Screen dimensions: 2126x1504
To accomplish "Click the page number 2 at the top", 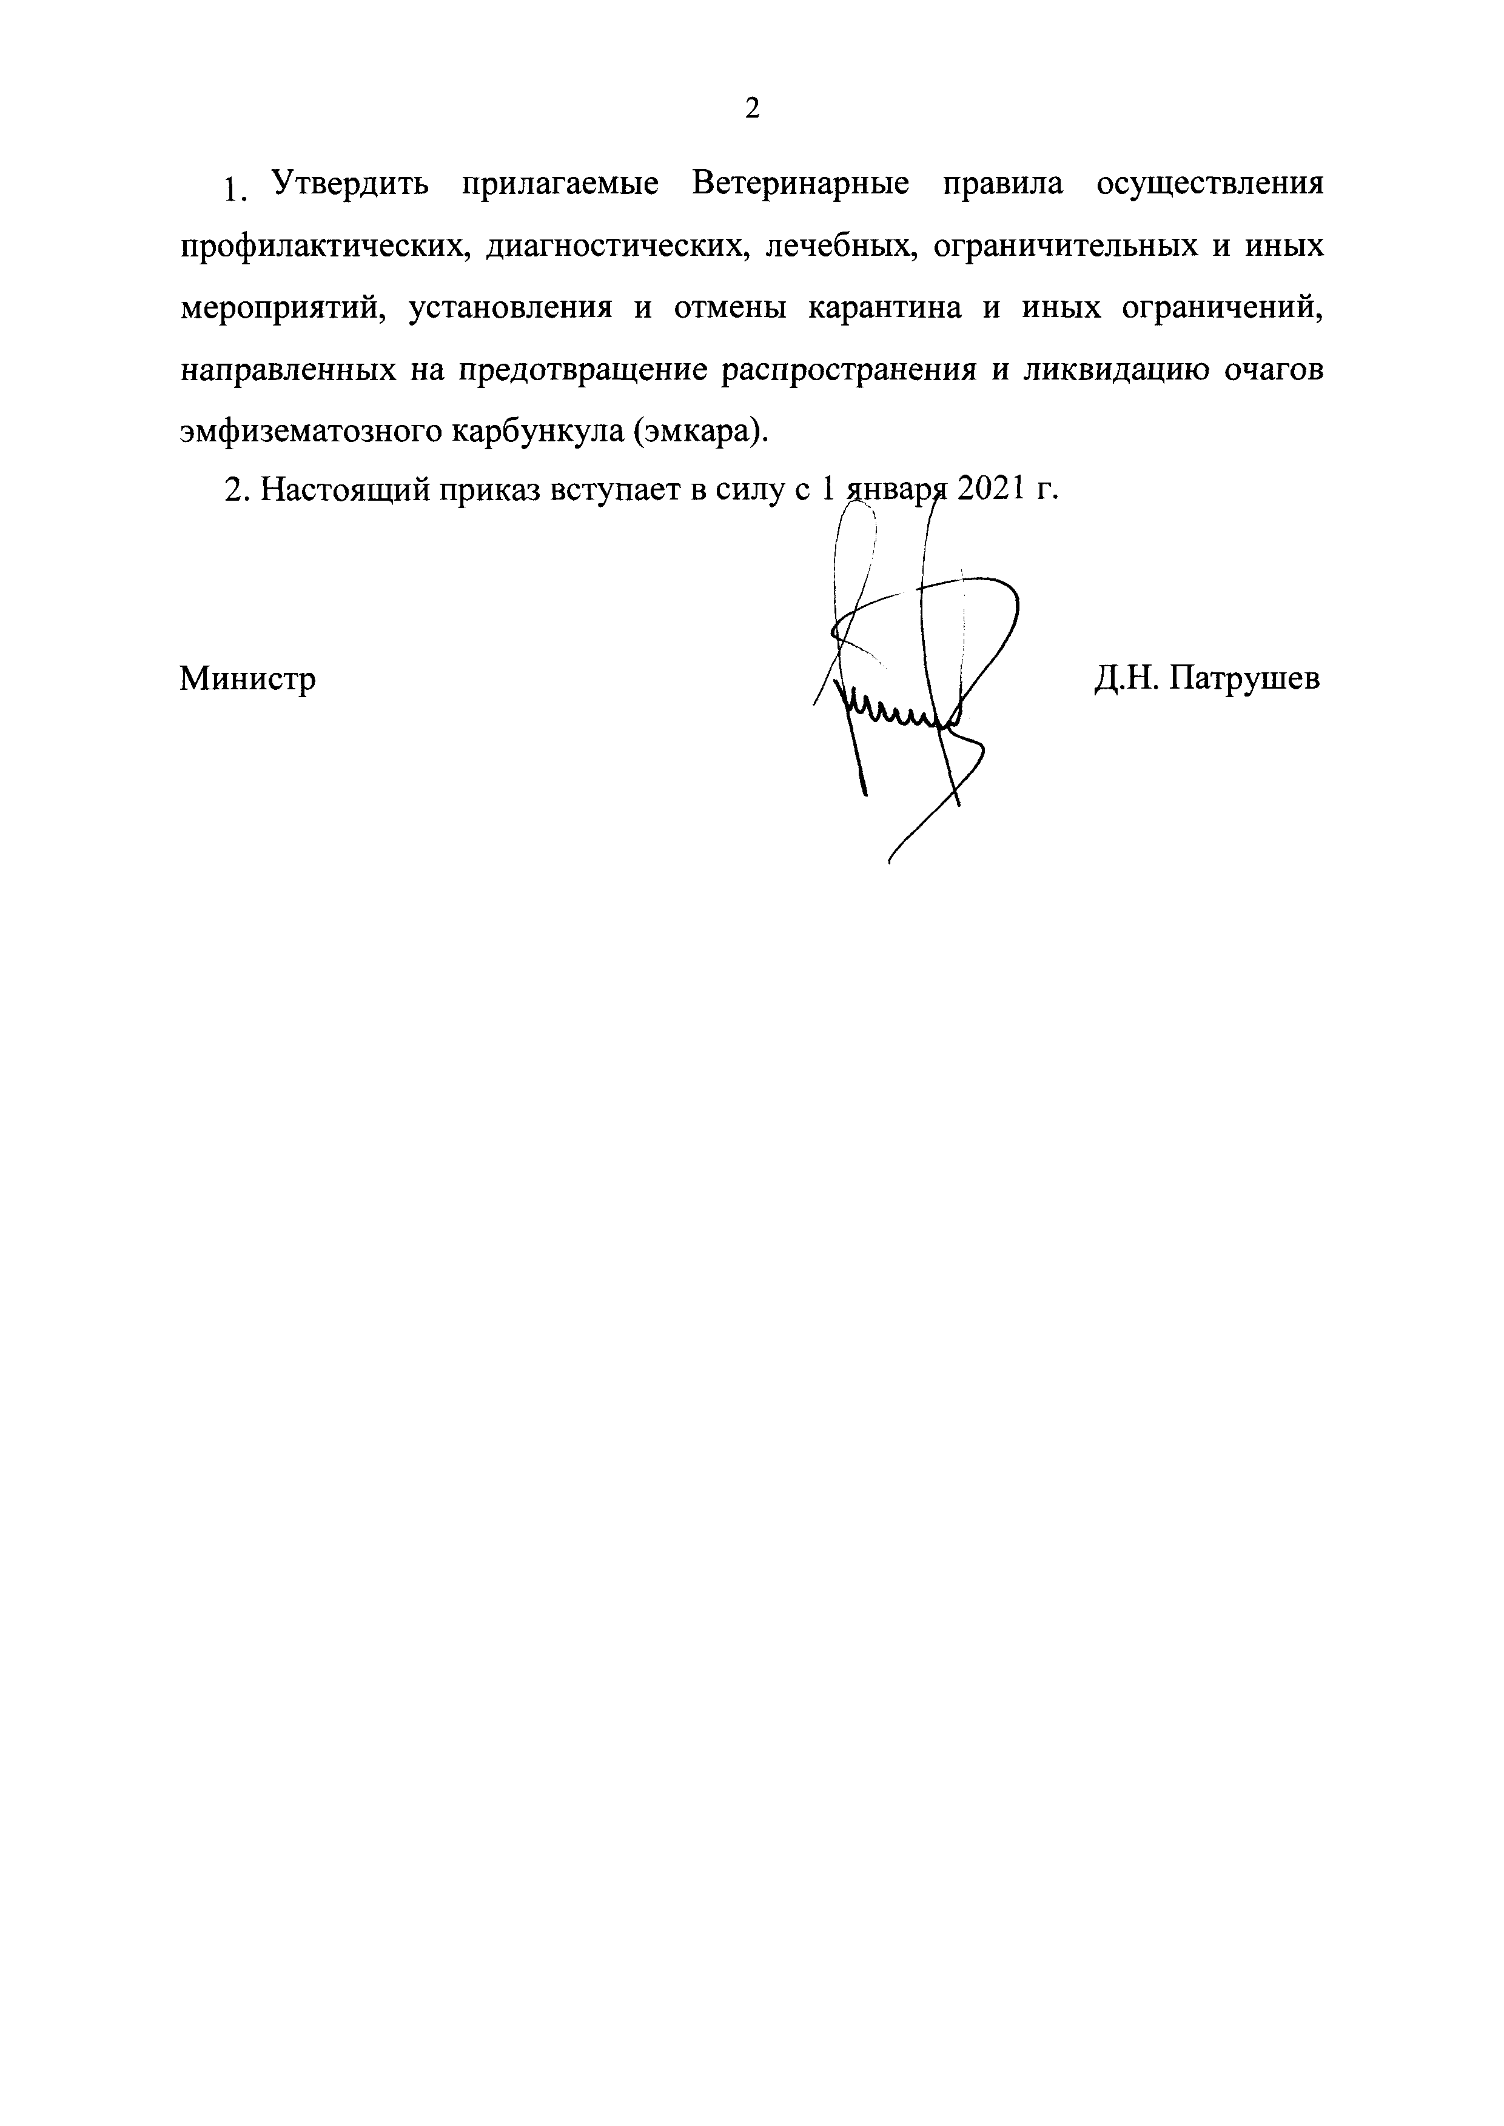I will coord(752,109).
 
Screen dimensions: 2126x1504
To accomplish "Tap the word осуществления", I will coord(1209,184).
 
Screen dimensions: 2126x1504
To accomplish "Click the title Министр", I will coord(247,680).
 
